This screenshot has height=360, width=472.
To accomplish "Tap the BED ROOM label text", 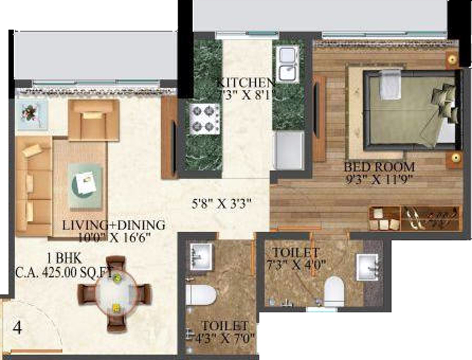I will pyautogui.click(x=379, y=167).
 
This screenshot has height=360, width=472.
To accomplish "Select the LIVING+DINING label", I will pyautogui.click(x=114, y=225).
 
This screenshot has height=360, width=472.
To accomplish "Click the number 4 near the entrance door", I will pyautogui.click(x=17, y=327).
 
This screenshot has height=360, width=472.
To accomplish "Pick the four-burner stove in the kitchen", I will pyautogui.click(x=204, y=119).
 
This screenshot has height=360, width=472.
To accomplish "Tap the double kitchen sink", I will pyautogui.click(x=287, y=64).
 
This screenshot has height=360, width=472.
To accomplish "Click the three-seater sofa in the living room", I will pyautogui.click(x=33, y=185).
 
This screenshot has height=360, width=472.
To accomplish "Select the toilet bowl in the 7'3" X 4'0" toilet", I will pyautogui.click(x=335, y=291).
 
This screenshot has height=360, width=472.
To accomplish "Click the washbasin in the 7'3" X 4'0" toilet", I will pyautogui.click(x=368, y=268).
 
